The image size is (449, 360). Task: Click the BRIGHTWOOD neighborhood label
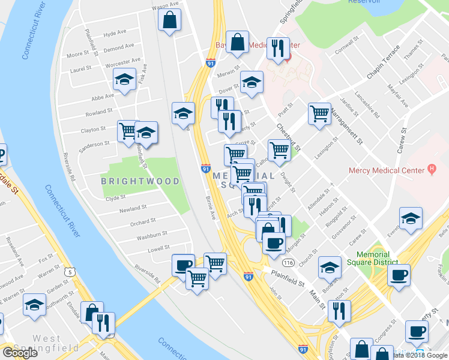(x=140, y=181)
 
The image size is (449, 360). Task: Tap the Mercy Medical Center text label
(x=387, y=170)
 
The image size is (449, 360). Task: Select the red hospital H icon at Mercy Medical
(x=431, y=170)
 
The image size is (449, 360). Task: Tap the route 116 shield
(x=289, y=263)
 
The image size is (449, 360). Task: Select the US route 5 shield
(x=72, y=272)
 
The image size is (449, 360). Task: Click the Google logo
(x=20, y=353)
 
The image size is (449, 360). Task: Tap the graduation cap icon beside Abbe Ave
(x=124, y=80)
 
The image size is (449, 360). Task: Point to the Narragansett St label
(x=352, y=127)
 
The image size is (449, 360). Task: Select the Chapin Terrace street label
(x=383, y=62)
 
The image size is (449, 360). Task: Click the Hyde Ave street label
(x=115, y=34)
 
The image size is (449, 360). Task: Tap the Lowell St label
(x=158, y=247)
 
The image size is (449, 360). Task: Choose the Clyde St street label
(x=115, y=197)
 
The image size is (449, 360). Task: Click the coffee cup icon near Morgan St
(x=274, y=244)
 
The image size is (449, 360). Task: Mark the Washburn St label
(x=151, y=235)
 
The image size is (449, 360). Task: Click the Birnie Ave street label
(x=210, y=207)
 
